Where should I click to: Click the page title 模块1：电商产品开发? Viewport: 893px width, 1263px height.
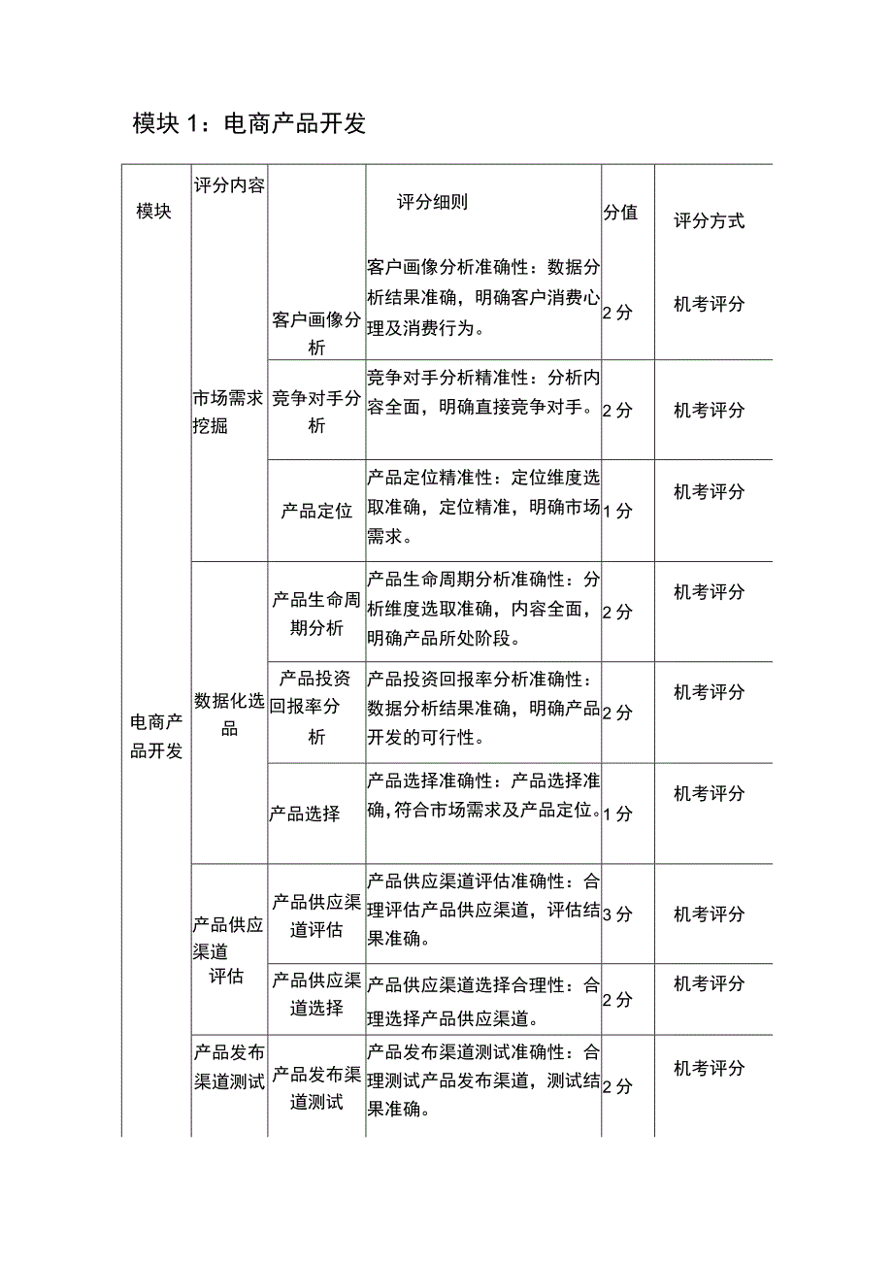pyautogui.click(x=249, y=124)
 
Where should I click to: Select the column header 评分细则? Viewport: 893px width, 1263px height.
pyautogui.click(x=433, y=203)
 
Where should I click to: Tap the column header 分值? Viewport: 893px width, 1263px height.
pyautogui.click(x=621, y=213)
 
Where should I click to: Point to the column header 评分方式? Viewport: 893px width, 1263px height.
pyautogui.click(x=710, y=221)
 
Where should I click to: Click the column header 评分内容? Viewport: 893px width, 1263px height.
pyautogui.click(x=229, y=185)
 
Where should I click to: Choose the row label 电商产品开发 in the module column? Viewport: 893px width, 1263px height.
pyautogui.click(x=156, y=736)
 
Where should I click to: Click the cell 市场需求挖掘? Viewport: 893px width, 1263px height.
pyautogui.click(x=228, y=412)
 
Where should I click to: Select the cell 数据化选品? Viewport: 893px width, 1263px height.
pyautogui.click(x=229, y=714)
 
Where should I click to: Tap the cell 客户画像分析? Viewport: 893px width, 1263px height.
pyautogui.click(x=316, y=333)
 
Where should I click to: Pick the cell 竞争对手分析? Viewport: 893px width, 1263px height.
pyautogui.click(x=316, y=412)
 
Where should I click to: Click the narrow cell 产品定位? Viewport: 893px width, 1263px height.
pyautogui.click(x=316, y=511)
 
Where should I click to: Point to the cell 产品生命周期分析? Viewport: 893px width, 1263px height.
pyautogui.click(x=316, y=614)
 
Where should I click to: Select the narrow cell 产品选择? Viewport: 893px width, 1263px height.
pyautogui.click(x=305, y=814)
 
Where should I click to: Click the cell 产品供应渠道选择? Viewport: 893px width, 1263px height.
pyautogui.click(x=316, y=994)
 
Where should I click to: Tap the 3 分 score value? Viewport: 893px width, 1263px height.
pyautogui.click(x=617, y=914)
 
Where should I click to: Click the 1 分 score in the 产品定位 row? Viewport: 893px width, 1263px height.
pyautogui.click(x=617, y=511)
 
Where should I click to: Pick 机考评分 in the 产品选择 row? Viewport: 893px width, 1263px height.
pyautogui.click(x=710, y=794)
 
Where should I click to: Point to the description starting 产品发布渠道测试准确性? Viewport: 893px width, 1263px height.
pyautogui.click(x=483, y=1080)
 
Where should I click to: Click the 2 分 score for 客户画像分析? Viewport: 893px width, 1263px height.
pyautogui.click(x=617, y=313)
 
